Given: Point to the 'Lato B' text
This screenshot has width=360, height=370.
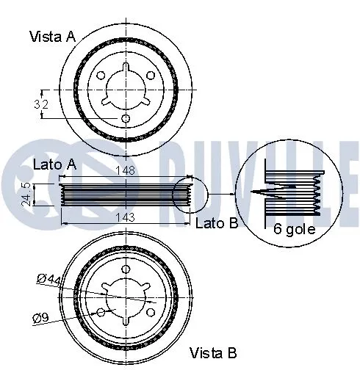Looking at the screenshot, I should coord(217,222).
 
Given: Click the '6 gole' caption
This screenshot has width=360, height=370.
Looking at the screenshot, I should coord(294,228).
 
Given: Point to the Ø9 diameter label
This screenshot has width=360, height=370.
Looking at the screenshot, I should coord(41,318).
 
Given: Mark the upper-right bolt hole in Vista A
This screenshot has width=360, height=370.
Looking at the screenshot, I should coord(150,76).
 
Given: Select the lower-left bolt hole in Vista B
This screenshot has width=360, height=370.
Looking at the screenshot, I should coord(100,311).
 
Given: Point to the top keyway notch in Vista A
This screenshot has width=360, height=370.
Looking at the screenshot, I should coord(125,68).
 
